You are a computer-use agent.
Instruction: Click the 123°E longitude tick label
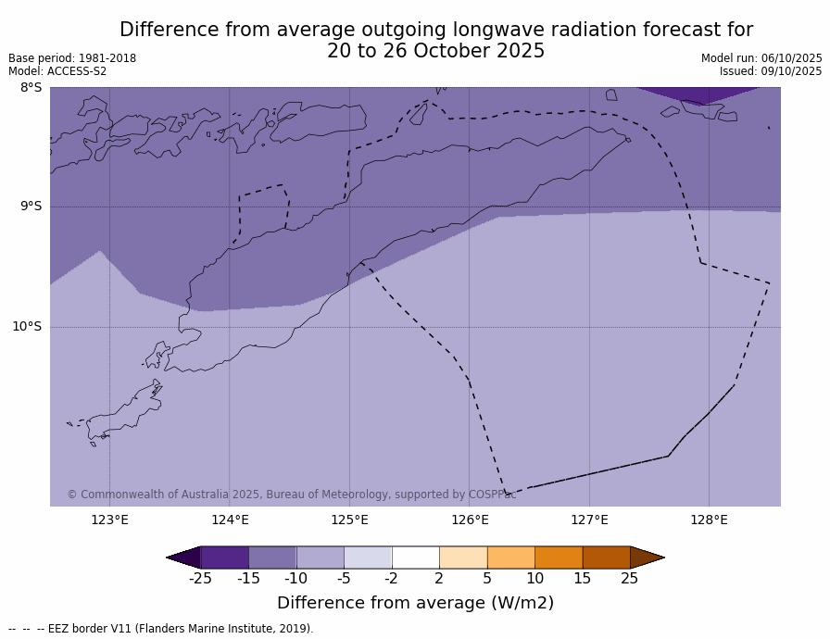click(x=109, y=520)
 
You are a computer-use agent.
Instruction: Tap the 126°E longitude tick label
click(x=470, y=520)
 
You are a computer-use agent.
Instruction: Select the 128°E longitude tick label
click(x=709, y=520)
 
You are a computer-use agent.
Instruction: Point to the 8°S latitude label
click(x=31, y=88)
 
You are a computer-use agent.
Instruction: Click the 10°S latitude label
click(x=27, y=326)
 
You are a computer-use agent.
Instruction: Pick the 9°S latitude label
click(x=31, y=207)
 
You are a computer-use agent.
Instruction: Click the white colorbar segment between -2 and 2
click(x=415, y=558)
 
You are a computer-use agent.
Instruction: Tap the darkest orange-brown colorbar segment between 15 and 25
click(x=606, y=558)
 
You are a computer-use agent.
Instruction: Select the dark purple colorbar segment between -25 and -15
click(x=224, y=558)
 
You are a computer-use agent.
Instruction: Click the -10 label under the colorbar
click(x=296, y=579)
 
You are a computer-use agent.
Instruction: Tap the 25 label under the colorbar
click(x=629, y=579)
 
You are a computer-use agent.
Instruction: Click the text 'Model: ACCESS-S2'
click(x=57, y=71)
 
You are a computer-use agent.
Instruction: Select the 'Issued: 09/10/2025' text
click(x=771, y=71)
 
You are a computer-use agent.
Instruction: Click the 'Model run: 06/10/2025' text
click(x=761, y=58)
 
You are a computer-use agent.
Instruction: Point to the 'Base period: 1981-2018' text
click(x=72, y=58)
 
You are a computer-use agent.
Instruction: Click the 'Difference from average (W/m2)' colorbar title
click(x=415, y=603)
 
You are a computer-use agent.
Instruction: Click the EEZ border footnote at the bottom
click(x=161, y=629)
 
